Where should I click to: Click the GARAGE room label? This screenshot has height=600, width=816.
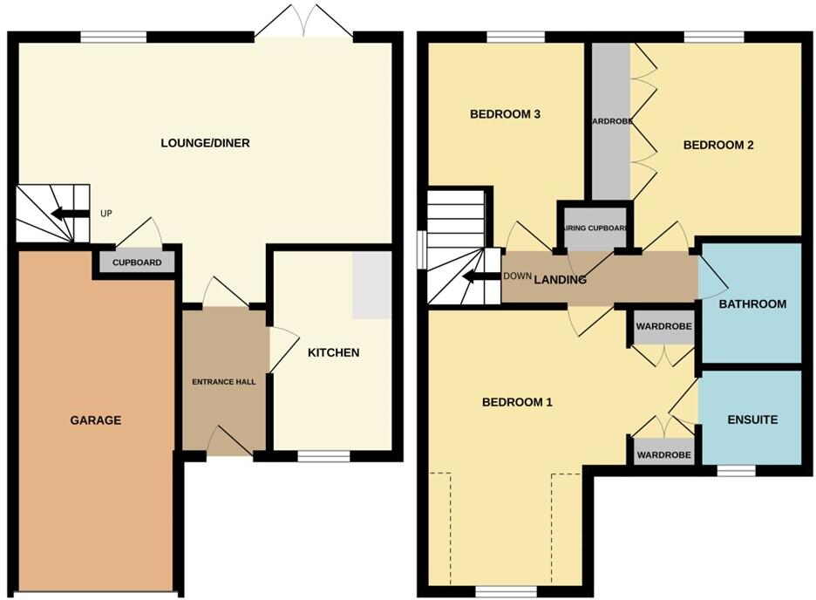(96, 420)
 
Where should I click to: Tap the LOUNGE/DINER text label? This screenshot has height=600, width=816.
(206, 143)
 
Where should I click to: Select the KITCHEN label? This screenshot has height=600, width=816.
(333, 353)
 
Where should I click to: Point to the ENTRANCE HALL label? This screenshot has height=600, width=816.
(224, 381)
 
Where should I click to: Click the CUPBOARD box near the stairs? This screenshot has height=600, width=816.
(137, 262)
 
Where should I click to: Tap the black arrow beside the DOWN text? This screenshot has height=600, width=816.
(479, 277)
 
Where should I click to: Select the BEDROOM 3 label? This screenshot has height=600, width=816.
(506, 114)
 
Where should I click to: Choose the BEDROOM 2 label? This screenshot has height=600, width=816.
(717, 146)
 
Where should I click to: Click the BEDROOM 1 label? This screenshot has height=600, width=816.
(518, 403)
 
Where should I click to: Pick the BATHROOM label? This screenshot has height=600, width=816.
(752, 304)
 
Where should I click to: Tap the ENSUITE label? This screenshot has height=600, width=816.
(752, 420)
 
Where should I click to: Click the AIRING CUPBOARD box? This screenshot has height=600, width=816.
(595, 228)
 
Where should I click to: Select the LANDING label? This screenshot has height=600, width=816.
(560, 280)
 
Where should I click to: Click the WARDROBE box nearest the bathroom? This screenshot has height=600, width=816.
(663, 327)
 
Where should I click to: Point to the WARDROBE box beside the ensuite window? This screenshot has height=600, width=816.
(663, 455)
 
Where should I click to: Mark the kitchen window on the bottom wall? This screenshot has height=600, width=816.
(323, 455)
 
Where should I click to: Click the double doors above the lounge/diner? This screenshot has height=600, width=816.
(303, 22)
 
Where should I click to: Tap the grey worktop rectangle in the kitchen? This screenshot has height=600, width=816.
(371, 284)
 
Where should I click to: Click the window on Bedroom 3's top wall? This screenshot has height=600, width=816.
(515, 37)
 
